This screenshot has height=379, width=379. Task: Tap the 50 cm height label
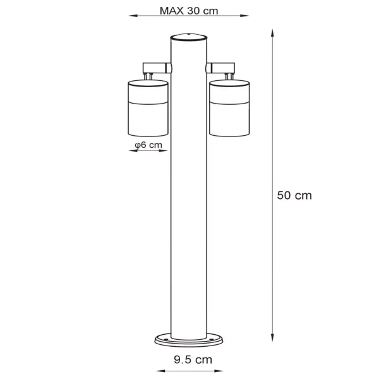[294, 195]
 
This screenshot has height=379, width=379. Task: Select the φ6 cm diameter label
[149, 145]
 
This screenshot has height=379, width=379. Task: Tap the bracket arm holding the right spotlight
[222, 66]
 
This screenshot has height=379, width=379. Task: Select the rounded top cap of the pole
[189, 36]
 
